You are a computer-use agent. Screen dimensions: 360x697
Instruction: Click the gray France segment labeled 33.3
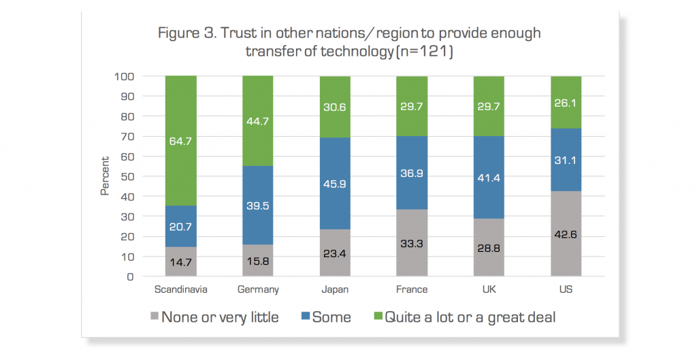click(412, 243)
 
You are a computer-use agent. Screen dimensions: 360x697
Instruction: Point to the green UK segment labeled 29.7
click(489, 105)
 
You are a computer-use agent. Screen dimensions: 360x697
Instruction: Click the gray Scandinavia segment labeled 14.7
click(180, 262)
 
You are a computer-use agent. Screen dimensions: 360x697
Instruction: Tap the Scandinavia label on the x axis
click(180, 289)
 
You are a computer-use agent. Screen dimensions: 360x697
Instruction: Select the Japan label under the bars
click(336, 289)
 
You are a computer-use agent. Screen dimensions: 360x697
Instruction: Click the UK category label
click(489, 289)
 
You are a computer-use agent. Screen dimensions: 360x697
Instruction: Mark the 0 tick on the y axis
click(131, 277)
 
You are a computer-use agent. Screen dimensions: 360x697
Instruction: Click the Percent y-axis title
click(106, 176)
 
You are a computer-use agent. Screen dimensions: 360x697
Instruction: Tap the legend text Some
click(331, 317)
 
